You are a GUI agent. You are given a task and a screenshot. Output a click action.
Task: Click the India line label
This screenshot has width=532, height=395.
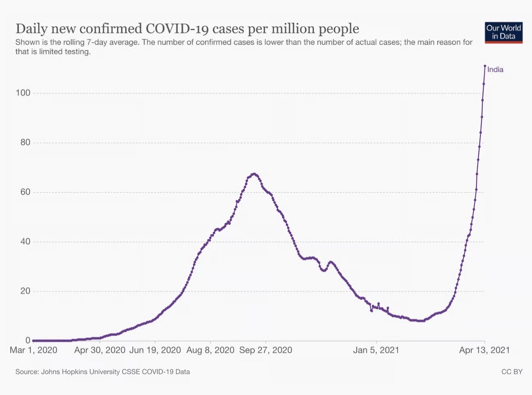495,69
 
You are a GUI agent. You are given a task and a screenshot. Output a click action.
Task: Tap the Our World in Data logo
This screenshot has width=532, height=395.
504,32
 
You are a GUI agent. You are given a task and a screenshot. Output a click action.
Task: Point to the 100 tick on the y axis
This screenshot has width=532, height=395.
24,93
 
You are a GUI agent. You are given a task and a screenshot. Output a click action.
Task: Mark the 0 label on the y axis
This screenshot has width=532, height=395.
28,340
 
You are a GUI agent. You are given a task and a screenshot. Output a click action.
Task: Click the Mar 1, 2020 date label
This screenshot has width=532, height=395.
34,351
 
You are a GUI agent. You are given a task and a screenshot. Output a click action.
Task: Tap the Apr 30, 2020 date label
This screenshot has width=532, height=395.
100,351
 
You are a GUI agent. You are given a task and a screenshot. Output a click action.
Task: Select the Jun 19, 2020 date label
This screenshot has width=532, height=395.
155,351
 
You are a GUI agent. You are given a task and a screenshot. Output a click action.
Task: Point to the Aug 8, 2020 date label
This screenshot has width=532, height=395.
210,351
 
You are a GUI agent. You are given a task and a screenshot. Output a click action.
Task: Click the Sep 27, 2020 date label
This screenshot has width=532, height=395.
266,351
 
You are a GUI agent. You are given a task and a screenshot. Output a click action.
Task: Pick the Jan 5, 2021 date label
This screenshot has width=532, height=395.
377,351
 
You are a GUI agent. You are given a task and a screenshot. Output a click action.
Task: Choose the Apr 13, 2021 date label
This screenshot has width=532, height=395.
484,351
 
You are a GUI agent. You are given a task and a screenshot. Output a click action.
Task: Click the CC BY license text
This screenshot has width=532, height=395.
512,372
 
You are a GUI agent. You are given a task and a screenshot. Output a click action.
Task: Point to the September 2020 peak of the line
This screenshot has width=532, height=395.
254,174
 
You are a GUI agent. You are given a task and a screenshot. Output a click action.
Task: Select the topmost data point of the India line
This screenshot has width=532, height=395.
484,66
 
